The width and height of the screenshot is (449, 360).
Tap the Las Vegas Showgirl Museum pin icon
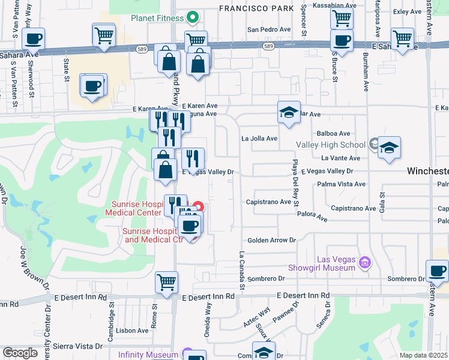click(x=364, y=262)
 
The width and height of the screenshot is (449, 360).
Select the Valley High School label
click(x=330, y=145)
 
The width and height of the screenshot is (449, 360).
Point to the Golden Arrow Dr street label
click(x=272, y=241)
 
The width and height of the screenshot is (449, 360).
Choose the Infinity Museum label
click(x=146, y=355)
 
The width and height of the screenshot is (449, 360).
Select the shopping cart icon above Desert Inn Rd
click(x=166, y=281)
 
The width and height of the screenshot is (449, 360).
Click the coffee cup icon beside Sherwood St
click(x=33, y=38)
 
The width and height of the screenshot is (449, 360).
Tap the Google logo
click(x=20, y=353)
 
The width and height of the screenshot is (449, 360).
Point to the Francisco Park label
click(x=256, y=8)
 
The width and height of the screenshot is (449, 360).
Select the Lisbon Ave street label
click(x=133, y=331)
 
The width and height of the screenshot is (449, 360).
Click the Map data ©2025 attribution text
click(x=424, y=355)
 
